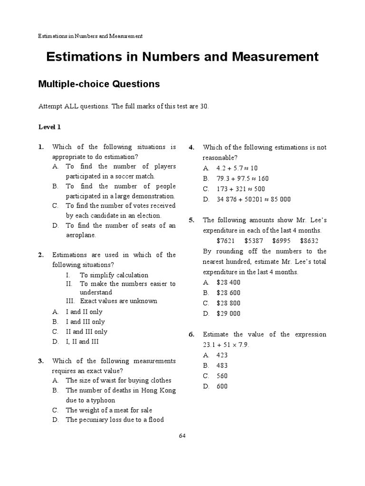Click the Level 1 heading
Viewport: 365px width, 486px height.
[49, 127]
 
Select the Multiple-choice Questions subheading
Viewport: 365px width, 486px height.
[99, 84]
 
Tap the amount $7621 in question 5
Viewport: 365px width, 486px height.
[225, 241]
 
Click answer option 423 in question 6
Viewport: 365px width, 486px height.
[222, 355]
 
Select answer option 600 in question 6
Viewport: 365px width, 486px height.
[222, 386]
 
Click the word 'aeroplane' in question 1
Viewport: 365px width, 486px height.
[81, 235]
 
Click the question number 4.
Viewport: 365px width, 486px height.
[192, 147]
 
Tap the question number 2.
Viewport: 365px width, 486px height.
[41, 255]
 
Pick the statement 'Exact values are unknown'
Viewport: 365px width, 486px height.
[118, 301]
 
